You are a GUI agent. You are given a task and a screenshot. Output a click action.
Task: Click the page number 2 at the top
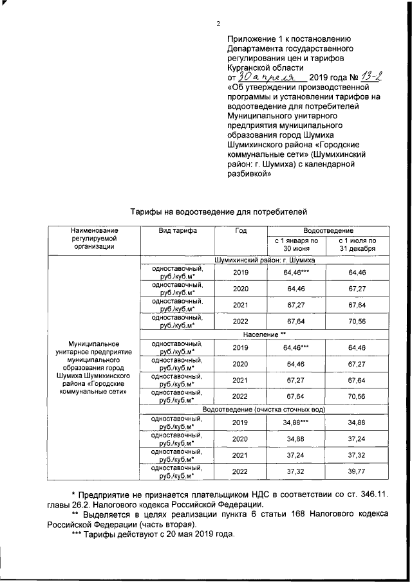tap(218, 24)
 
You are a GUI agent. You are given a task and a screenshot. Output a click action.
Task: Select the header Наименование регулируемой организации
tap(95, 237)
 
